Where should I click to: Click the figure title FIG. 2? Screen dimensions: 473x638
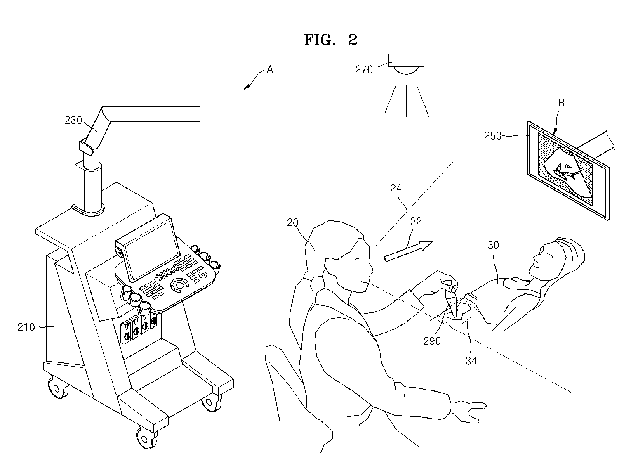tap(330, 40)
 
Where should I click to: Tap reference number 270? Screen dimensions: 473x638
tap(364, 69)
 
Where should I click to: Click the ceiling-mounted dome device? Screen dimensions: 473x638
tap(407, 65)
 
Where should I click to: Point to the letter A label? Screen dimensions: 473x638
tap(270, 70)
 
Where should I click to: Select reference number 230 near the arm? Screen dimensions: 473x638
tap(73, 120)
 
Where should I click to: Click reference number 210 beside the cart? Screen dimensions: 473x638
tap(26, 327)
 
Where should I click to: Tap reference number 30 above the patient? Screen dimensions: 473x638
tap(493, 245)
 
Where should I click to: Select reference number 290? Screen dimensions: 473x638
tap(432, 341)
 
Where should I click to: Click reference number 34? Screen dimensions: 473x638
tap(471, 360)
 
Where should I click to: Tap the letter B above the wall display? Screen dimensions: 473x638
tap(561, 103)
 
